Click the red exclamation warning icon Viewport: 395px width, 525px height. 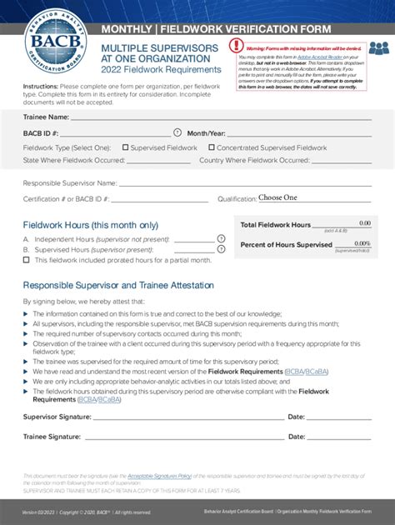[x=235, y=46]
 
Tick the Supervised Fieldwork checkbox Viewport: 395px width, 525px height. [x=125, y=147]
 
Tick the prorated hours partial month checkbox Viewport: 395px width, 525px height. [x=27, y=260]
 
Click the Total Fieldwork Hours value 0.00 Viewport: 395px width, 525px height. [x=365, y=223]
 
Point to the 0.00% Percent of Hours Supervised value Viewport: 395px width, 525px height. [x=362, y=243]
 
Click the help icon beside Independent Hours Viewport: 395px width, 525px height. [x=221, y=238]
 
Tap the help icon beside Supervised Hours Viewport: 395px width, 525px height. [x=221, y=249]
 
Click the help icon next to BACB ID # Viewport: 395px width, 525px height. [x=177, y=132]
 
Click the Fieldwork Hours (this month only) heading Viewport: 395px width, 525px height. [x=91, y=225]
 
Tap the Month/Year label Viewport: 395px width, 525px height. [x=207, y=133]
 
